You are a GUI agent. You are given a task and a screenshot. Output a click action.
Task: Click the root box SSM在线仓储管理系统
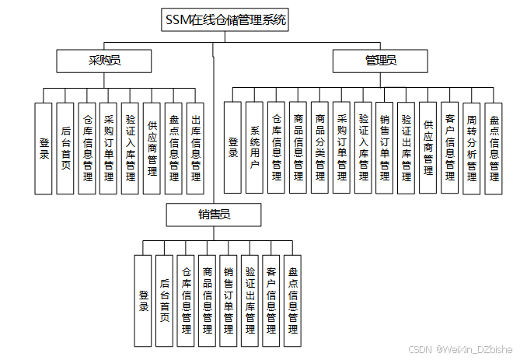225,21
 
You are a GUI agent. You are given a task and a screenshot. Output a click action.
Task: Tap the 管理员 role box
381,61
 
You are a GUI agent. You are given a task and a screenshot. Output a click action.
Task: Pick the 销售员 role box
212,215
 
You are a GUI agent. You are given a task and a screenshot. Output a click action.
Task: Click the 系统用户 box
254,148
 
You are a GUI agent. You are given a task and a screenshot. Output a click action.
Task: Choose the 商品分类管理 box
319,148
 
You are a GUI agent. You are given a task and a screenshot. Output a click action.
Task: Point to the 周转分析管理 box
472,148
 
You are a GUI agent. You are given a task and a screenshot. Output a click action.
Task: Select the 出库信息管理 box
195,148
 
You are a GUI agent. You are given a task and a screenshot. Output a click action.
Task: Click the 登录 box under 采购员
44,148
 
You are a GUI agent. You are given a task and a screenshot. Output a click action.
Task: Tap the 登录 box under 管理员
232,148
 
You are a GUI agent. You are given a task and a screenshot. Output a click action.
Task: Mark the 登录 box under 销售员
143,300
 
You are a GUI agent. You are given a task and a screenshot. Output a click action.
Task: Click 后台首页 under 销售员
164,300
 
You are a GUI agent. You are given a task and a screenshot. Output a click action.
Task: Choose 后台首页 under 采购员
66,148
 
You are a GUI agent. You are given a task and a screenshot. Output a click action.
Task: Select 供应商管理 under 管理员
428,148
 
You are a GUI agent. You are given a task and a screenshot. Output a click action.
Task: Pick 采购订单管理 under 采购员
109,148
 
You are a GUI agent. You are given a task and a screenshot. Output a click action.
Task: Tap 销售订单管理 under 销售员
229,300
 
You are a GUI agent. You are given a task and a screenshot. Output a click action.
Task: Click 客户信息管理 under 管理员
450,148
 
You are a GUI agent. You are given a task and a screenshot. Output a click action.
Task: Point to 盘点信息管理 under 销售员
292,300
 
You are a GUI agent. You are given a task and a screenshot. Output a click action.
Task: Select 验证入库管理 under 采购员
131,148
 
